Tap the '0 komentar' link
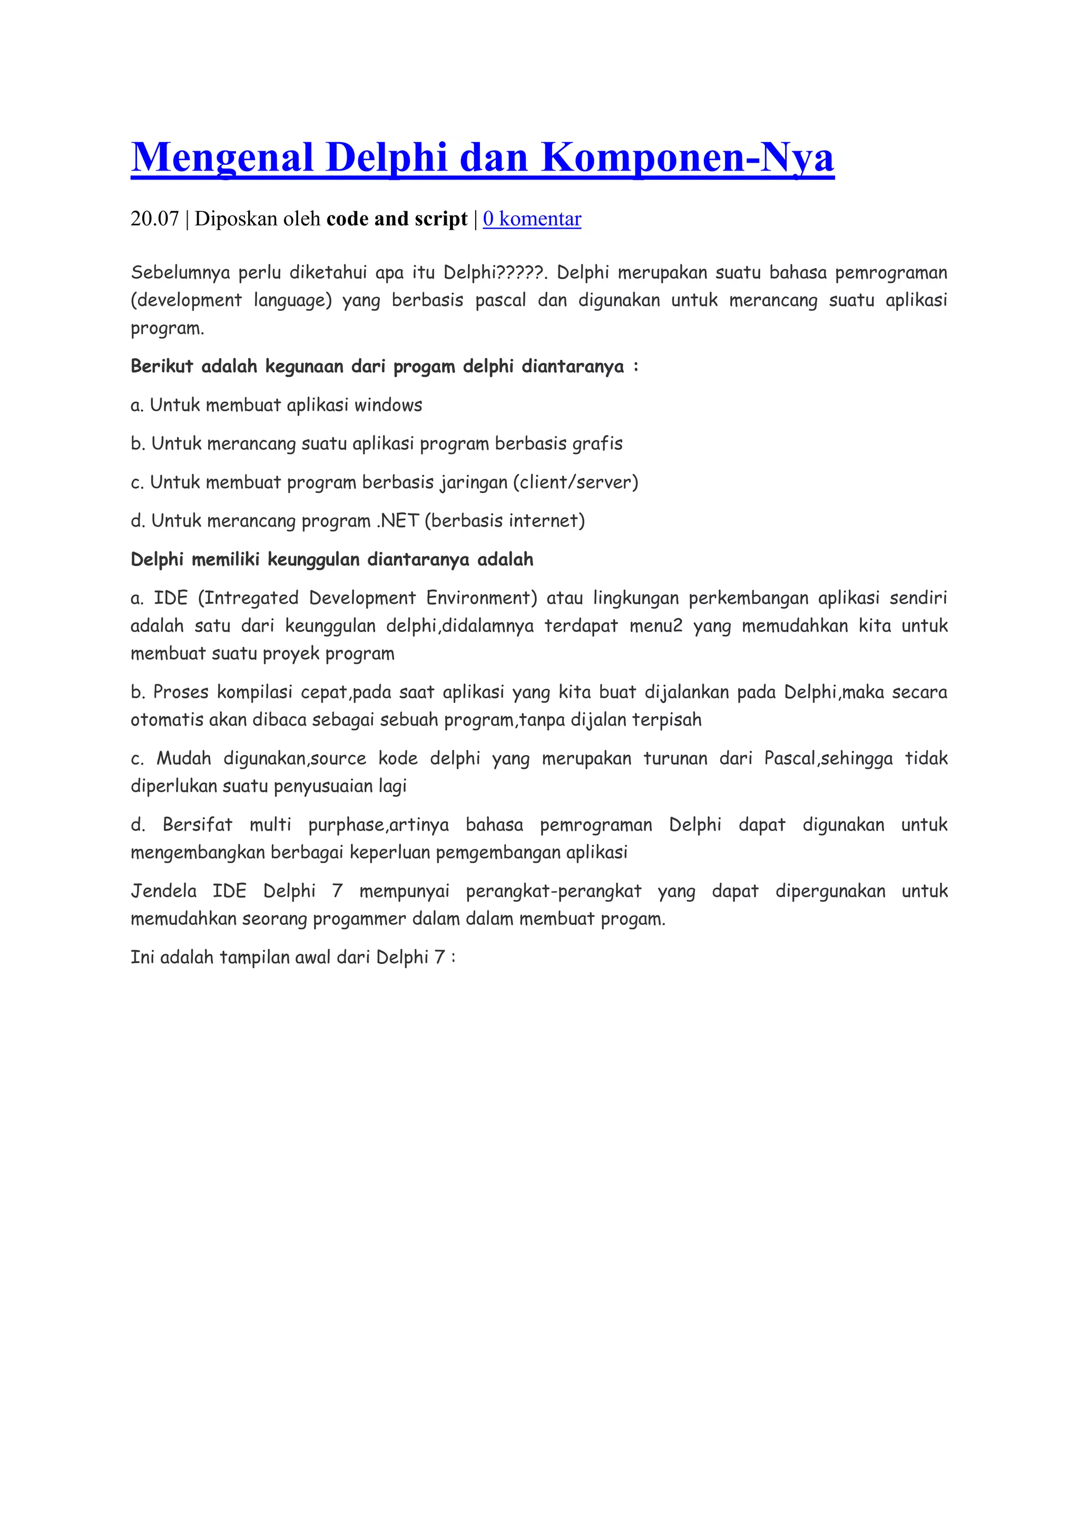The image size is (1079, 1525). [x=532, y=219]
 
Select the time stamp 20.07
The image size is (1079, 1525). [x=155, y=219]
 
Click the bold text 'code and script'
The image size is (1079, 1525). [x=397, y=219]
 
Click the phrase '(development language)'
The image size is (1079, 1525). [x=231, y=300]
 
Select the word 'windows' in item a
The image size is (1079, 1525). [x=388, y=405]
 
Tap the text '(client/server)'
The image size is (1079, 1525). [x=575, y=482]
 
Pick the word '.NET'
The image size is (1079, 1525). [x=397, y=521]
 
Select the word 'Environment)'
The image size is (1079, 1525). [x=481, y=598]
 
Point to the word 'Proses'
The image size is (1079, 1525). [x=180, y=692]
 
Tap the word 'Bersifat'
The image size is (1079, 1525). [x=198, y=825]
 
